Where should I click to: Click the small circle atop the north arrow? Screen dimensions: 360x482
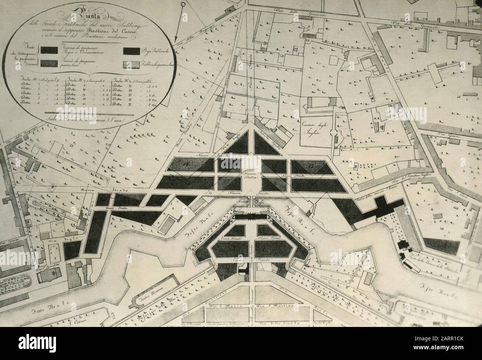click(183, 4)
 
